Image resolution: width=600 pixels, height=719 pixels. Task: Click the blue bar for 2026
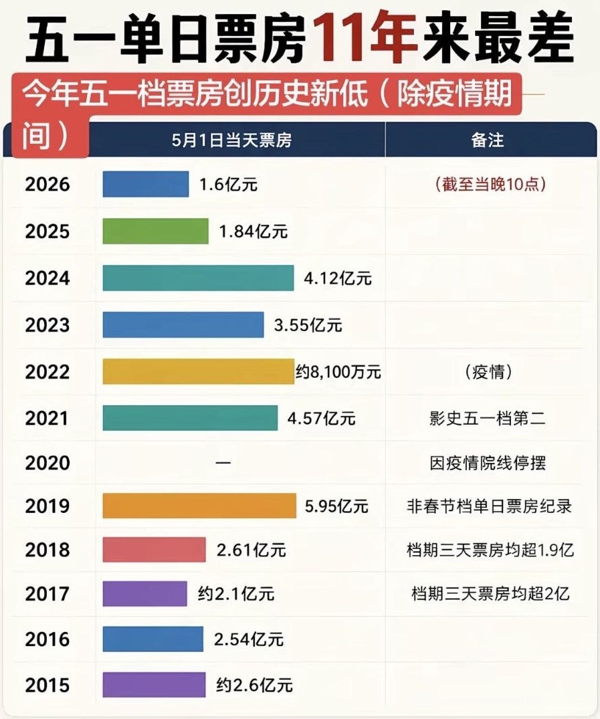145,184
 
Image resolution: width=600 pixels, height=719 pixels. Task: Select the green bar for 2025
155,231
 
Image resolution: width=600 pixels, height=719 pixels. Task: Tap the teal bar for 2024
198,278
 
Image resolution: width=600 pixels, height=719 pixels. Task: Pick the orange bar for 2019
199,506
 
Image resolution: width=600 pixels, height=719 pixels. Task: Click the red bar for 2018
154,549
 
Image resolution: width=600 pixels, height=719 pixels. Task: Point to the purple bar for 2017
145,594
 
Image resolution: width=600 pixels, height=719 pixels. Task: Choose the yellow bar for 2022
198,371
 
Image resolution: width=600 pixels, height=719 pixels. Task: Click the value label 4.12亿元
338,278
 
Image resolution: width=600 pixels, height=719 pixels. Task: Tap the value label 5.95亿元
336,506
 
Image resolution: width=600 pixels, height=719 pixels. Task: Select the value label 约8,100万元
338,372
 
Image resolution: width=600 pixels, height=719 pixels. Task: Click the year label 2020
47,463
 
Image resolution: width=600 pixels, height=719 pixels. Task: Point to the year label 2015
47,685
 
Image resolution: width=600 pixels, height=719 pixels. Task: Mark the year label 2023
47,325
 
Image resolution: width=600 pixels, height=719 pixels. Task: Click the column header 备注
488,140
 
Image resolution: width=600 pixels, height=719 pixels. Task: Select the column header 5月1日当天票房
231,140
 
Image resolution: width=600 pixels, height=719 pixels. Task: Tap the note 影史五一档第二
488,418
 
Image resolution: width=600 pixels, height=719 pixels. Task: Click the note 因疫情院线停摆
488,463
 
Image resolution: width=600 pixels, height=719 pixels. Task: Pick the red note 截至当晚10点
490,185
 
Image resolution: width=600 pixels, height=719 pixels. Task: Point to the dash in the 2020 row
223,463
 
